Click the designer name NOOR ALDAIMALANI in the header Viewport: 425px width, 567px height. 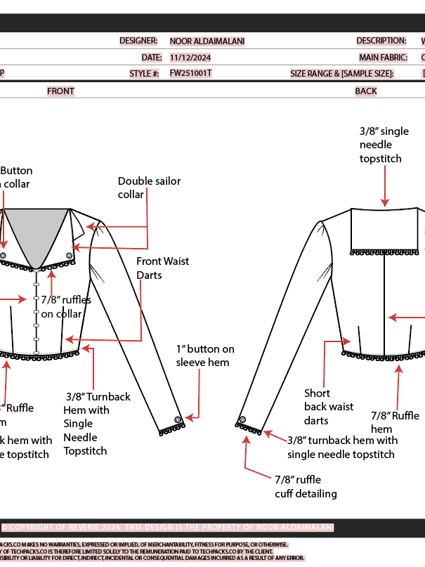click(x=207, y=41)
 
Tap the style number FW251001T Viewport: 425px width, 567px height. click(x=190, y=73)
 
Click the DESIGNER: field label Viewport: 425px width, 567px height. click(x=138, y=41)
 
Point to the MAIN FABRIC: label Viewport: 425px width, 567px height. click(x=383, y=58)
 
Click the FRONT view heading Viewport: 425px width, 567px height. click(x=60, y=91)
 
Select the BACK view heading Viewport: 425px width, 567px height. click(x=366, y=91)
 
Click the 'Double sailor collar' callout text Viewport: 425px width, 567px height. click(x=149, y=187)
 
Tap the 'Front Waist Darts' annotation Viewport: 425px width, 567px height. click(x=162, y=268)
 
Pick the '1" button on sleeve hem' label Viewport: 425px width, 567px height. click(x=205, y=356)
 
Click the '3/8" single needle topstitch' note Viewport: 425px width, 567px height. click(x=384, y=145)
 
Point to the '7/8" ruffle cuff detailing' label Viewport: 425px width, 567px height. click(x=306, y=486)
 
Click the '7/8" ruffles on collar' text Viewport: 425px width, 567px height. click(x=66, y=306)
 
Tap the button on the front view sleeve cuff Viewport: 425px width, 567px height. click(x=178, y=419)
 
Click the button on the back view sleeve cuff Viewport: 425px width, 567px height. click(x=242, y=419)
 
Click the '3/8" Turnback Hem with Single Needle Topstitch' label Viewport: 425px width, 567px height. click(x=96, y=424)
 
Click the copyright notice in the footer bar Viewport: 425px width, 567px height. click(x=169, y=527)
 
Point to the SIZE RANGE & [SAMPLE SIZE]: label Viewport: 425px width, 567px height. click(x=342, y=74)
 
